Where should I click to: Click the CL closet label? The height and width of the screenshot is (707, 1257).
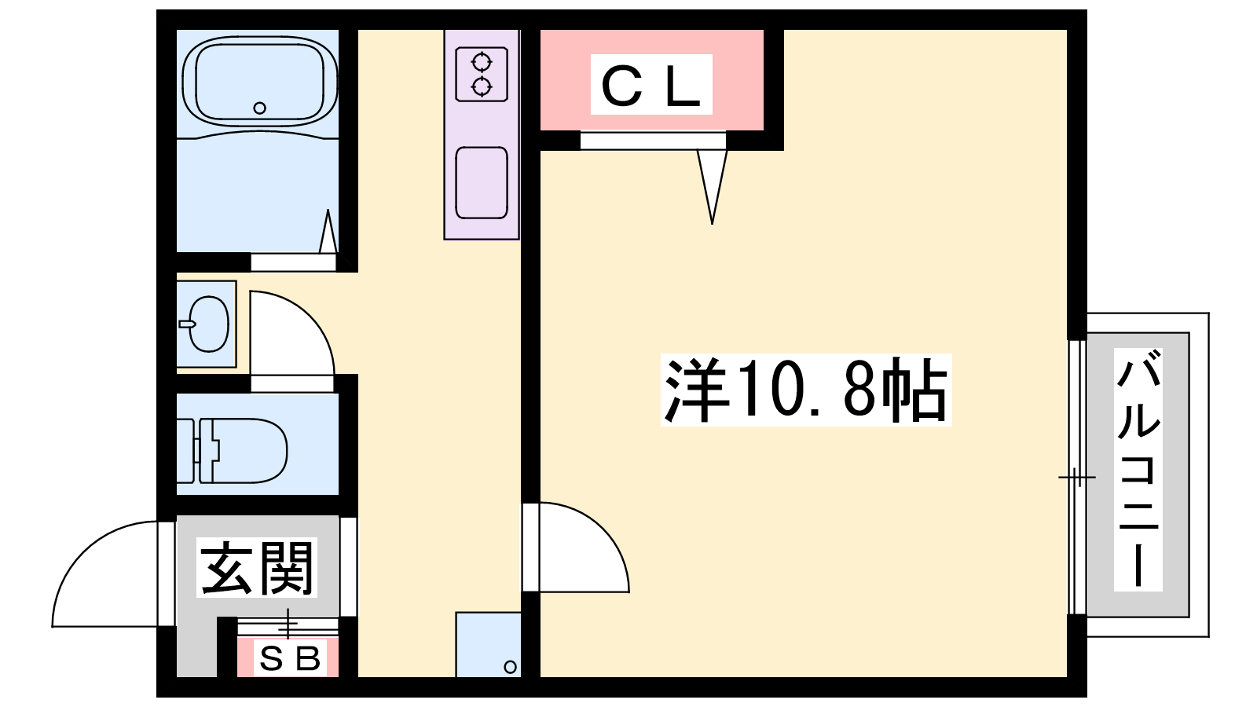click(x=651, y=86)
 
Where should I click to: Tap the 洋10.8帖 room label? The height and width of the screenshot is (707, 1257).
click(x=806, y=390)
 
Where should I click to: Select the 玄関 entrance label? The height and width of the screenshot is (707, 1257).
click(x=256, y=567)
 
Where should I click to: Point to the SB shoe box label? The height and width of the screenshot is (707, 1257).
click(x=290, y=658)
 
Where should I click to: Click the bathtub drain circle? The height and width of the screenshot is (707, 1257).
click(x=259, y=108)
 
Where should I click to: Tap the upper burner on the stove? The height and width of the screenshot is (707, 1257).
click(x=482, y=62)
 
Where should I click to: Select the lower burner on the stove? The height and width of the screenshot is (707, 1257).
click(x=482, y=87)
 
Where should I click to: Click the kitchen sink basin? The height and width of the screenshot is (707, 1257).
click(x=482, y=183)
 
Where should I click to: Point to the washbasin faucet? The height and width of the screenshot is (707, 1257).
click(x=187, y=324)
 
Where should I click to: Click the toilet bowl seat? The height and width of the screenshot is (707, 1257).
click(x=250, y=450)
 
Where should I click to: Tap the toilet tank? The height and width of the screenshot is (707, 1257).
click(x=185, y=450)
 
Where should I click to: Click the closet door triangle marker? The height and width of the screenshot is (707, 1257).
click(x=712, y=186)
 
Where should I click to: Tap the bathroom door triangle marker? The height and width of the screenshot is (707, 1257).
click(x=328, y=231)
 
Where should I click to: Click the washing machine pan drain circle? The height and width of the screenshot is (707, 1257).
click(x=510, y=667)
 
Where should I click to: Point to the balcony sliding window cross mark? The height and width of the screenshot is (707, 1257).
click(x=1076, y=478)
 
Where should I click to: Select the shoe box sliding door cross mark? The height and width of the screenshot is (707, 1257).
click(x=288, y=624)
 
